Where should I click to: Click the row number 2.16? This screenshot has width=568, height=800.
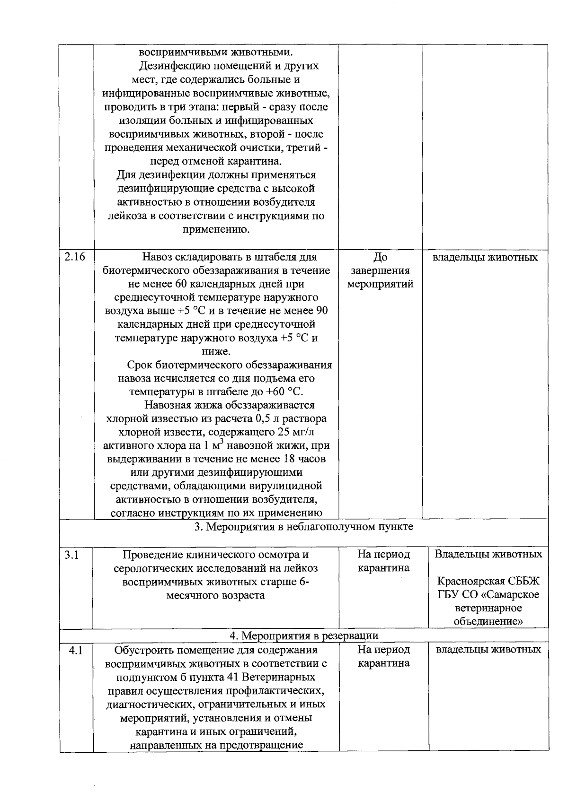(75, 257)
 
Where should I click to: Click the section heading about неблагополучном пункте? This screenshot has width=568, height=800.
(303, 527)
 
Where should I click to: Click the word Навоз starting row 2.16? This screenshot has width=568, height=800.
(158, 257)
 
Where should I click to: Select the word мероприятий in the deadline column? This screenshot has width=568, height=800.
(381, 284)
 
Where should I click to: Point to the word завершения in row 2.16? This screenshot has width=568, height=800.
(381, 271)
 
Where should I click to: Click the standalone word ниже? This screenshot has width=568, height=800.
(216, 352)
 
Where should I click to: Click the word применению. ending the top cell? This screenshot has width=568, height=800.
(216, 230)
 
